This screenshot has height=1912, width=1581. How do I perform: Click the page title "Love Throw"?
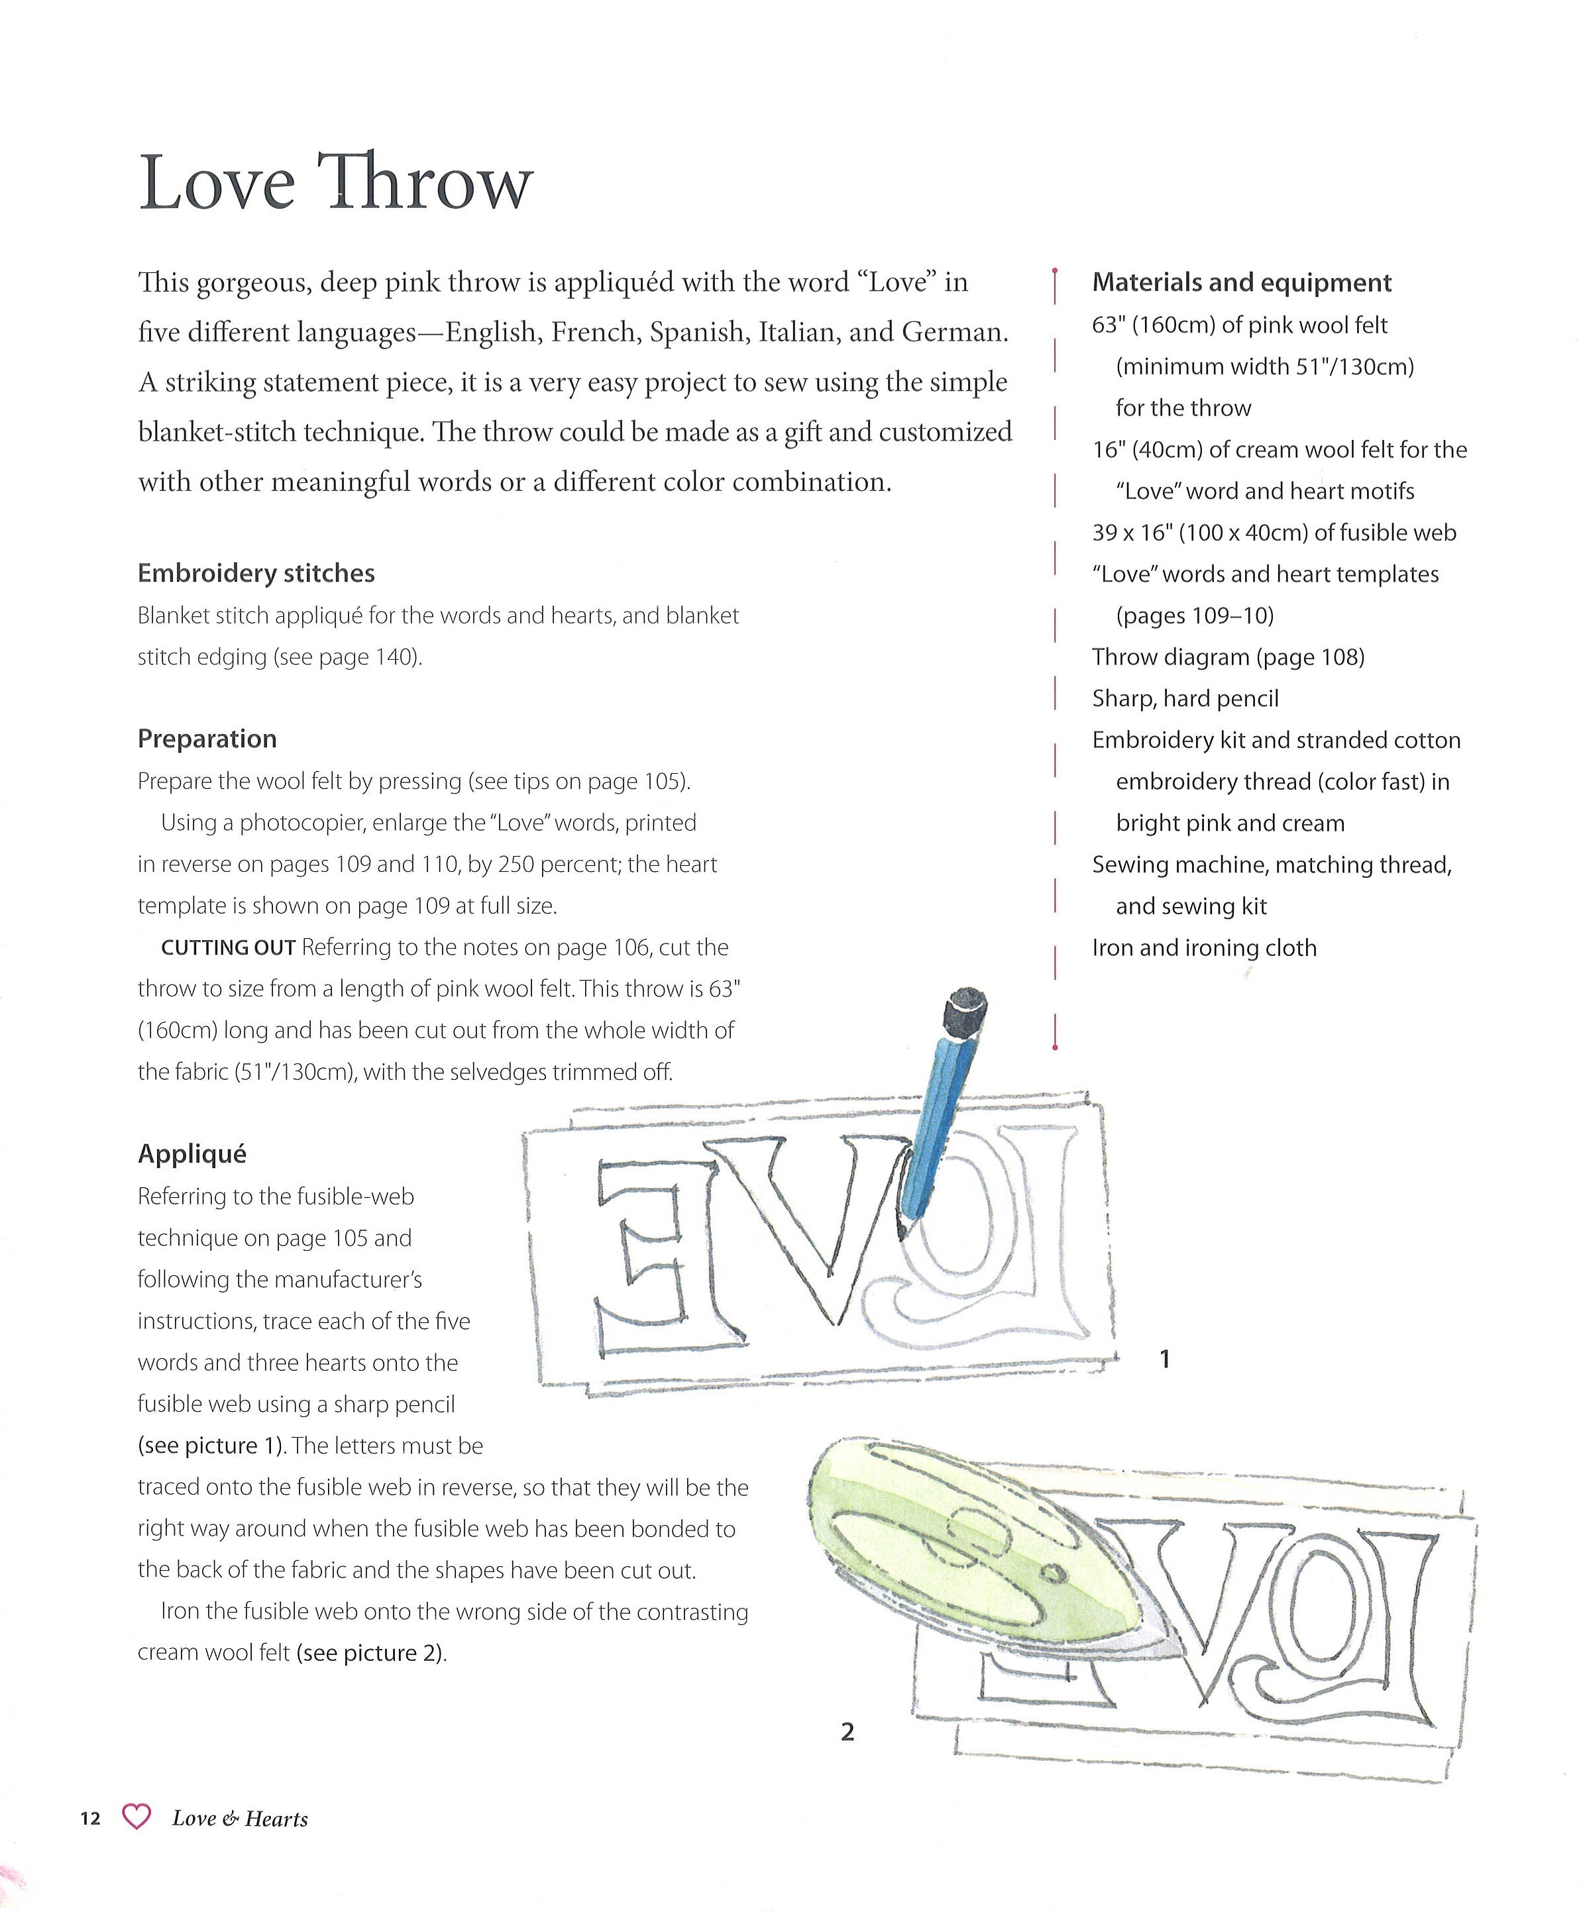point(335,183)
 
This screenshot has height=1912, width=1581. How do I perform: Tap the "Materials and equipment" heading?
point(1241,283)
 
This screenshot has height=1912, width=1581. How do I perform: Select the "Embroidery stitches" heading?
point(256,574)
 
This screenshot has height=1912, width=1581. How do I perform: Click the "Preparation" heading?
point(207,739)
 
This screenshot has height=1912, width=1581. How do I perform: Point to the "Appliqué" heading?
point(192,1155)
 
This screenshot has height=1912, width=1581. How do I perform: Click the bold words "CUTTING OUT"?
point(228,948)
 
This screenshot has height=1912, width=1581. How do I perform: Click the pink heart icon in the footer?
point(136,1817)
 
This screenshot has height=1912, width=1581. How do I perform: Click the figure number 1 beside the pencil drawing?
point(1164,1359)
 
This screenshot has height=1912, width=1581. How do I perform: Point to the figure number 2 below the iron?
point(847,1732)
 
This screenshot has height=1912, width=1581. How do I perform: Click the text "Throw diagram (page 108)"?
point(1228,657)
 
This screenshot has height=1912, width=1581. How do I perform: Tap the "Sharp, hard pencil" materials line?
point(1185,699)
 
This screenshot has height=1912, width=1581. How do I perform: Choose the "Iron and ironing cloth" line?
point(1204,949)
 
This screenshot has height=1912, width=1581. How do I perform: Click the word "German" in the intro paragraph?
point(953,333)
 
